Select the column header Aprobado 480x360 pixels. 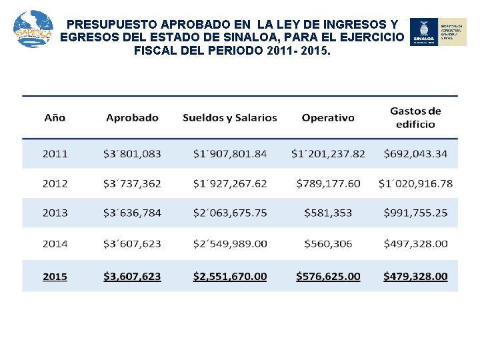tap(132, 118)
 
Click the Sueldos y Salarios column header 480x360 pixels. tap(230, 118)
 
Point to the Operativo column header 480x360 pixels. tap(328, 118)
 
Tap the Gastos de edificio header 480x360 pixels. tap(415, 117)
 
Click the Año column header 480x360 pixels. tap(55, 118)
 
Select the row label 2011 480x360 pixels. tap(55, 154)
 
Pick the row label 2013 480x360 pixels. tap(55, 213)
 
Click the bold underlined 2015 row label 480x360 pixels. tap(55, 276)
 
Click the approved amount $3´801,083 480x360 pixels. tap(132, 154)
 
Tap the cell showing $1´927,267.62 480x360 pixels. tap(230, 183)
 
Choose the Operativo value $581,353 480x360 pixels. tap(328, 213)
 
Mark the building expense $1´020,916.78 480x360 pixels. tap(415, 183)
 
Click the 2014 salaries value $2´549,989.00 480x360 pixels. tap(230, 243)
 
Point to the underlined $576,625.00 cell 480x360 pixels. tap(328, 276)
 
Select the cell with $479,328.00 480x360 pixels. tap(415, 276)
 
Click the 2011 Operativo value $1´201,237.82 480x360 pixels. tap(328, 154)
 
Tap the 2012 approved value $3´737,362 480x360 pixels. tap(132, 183)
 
